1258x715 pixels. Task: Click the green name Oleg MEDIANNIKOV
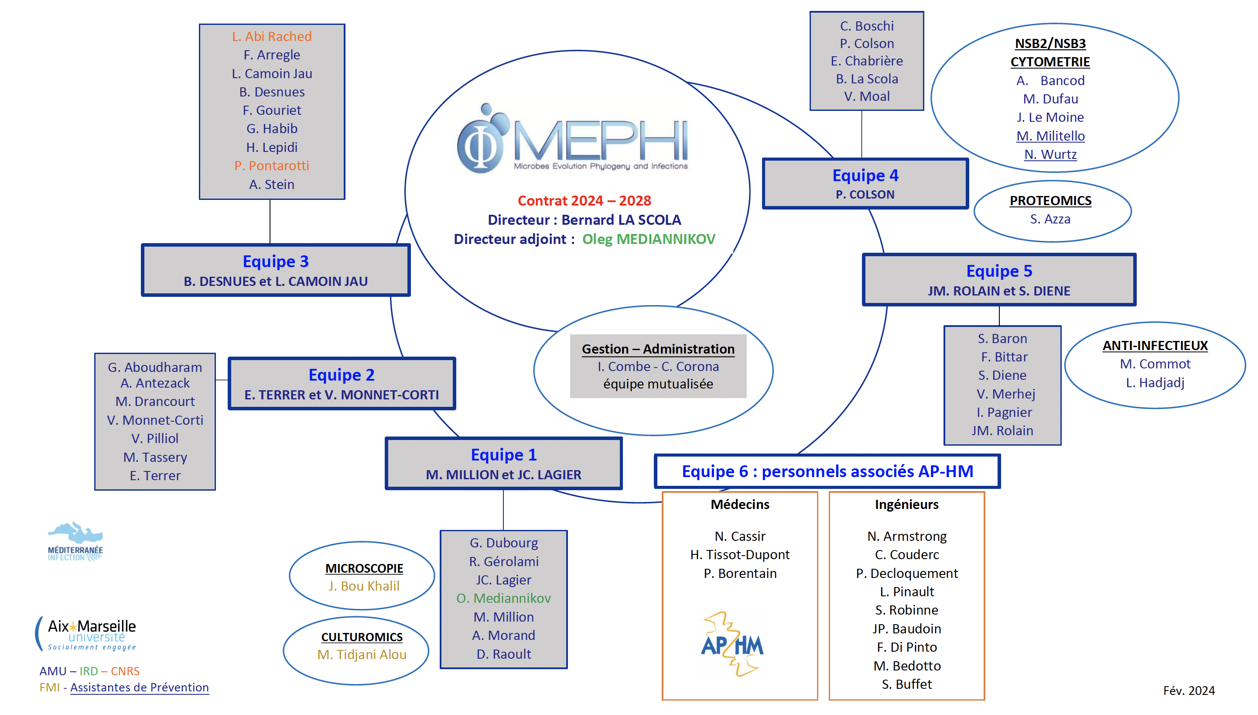(648, 239)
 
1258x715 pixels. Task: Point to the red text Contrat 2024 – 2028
(584, 201)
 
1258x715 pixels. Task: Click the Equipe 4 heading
(865, 175)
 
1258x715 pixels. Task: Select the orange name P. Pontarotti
(271, 166)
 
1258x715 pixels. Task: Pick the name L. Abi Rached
(271, 36)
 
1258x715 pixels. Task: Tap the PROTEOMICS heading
(1050, 201)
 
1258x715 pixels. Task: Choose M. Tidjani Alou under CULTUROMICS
(362, 655)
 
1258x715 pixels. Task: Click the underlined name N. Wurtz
(1050, 155)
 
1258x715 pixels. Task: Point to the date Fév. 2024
(1188, 691)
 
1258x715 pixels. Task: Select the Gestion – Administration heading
(657, 349)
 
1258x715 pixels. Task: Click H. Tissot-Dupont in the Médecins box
(739, 555)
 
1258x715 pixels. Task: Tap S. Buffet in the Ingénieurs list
(906, 684)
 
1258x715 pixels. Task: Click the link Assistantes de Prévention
(139, 687)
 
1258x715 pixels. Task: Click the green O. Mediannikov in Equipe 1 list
(503, 598)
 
